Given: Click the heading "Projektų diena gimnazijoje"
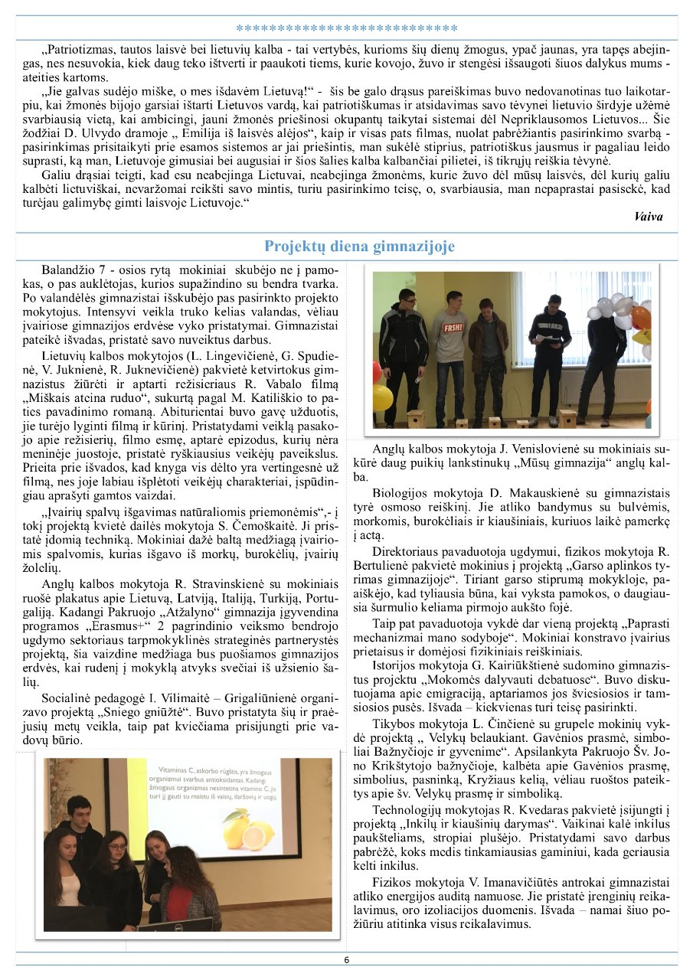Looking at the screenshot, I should click(359, 247).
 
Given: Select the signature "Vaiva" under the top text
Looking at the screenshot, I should click(649, 217).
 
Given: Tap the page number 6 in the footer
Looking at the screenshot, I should click(346, 960).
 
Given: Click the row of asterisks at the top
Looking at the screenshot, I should click(346, 30).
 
